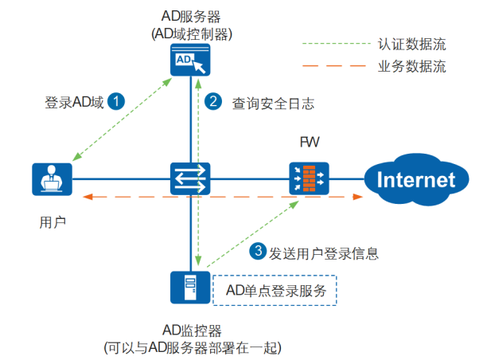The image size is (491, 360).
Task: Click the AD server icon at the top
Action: click(x=190, y=61)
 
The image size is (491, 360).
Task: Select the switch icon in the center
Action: click(x=190, y=178)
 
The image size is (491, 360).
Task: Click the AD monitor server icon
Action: click(x=190, y=288)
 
